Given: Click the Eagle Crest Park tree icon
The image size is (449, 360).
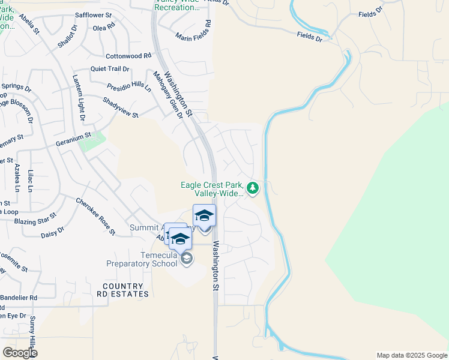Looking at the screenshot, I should tap(253, 189).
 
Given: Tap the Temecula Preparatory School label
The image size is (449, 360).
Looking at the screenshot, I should tap(141, 259).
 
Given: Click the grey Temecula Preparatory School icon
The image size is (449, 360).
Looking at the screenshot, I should tap(187, 259).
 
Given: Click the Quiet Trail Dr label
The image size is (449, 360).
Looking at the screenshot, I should tap(110, 68).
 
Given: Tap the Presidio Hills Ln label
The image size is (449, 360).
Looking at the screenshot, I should tap(129, 87).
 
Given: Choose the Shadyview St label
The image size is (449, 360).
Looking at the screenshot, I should tap(121, 107).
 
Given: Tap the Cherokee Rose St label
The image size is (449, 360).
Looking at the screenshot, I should tap(95, 216).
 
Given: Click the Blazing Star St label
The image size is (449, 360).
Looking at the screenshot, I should tap(35, 218).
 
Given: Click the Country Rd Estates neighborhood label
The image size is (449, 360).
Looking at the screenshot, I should tap(122, 290).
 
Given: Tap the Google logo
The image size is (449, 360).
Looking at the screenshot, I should tap(20, 353).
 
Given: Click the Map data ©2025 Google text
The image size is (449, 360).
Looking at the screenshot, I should tap(411, 355).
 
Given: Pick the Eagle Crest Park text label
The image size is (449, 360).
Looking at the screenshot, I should tap(213, 189).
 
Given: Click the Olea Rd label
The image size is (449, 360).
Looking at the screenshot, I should tap(103, 27).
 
